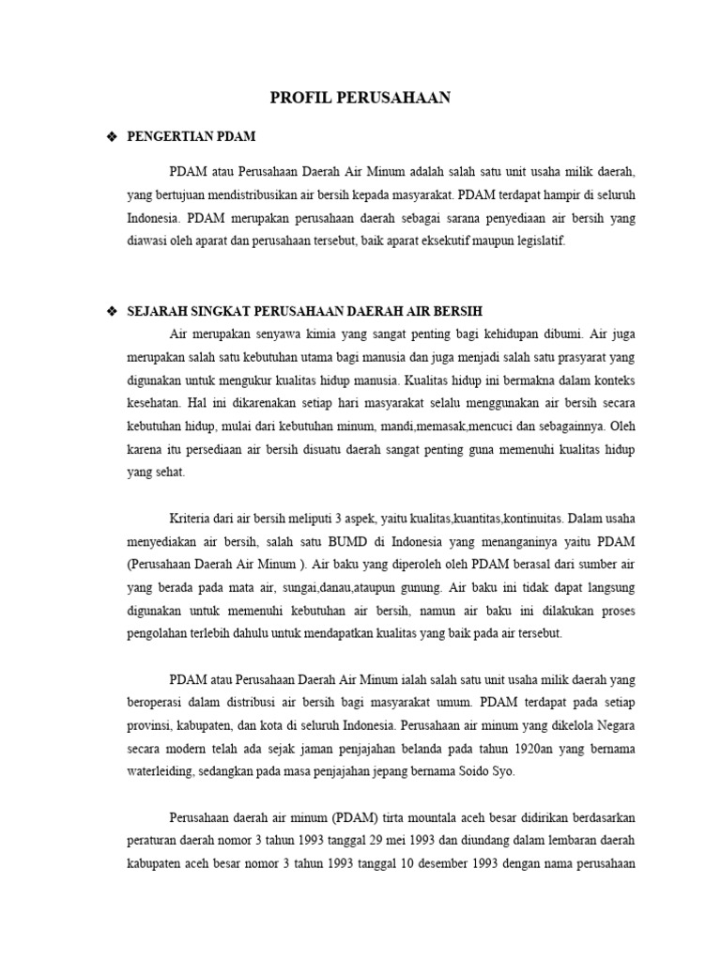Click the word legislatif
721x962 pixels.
(x=539, y=241)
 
